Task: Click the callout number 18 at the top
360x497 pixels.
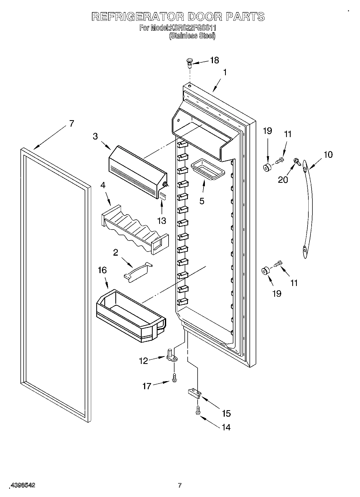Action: tap(214, 60)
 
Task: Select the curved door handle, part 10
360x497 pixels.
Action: tap(308, 208)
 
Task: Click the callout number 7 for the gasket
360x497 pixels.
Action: tap(71, 124)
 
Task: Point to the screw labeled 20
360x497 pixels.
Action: tap(297, 162)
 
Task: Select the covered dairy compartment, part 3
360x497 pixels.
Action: tap(137, 172)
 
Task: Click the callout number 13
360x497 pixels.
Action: tap(162, 221)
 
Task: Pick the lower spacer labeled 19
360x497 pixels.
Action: tap(266, 271)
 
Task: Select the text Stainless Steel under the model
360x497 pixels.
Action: tap(192, 36)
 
